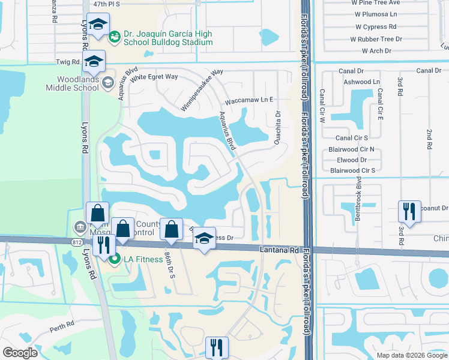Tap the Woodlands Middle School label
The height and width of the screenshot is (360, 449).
tap(72, 83)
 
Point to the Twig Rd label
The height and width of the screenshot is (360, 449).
tap(68, 62)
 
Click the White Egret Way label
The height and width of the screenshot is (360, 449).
tap(154, 77)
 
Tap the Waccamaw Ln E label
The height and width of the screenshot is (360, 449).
tap(249, 100)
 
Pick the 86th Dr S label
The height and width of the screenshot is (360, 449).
tap(172, 263)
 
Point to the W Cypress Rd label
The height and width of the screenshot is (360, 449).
tap(376, 27)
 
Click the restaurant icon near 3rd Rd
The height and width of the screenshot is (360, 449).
tap(409, 212)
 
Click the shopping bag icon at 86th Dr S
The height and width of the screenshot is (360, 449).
tap(171, 229)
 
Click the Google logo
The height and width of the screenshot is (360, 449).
tap(20, 353)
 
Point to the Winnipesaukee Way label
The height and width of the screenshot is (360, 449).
tap(202, 89)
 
